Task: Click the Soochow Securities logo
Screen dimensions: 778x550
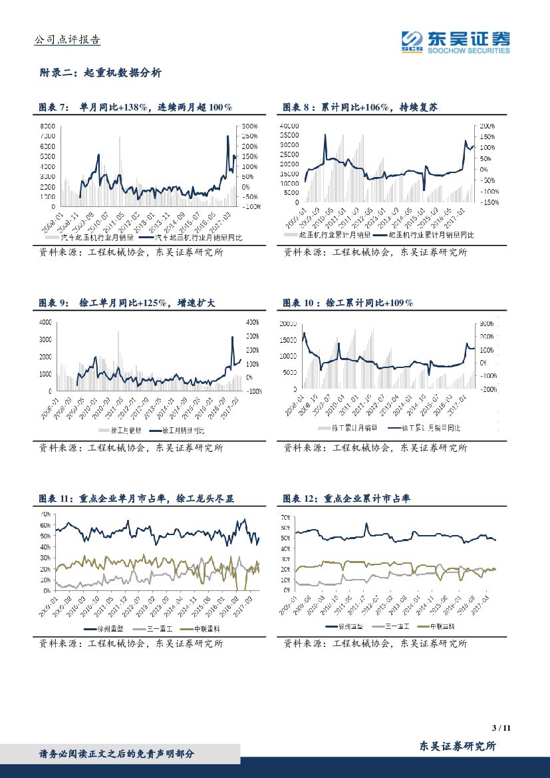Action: pos(456,41)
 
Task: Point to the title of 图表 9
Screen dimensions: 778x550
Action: pos(127,303)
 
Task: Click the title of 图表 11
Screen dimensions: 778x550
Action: pos(137,498)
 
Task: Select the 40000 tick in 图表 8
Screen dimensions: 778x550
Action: pos(291,126)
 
